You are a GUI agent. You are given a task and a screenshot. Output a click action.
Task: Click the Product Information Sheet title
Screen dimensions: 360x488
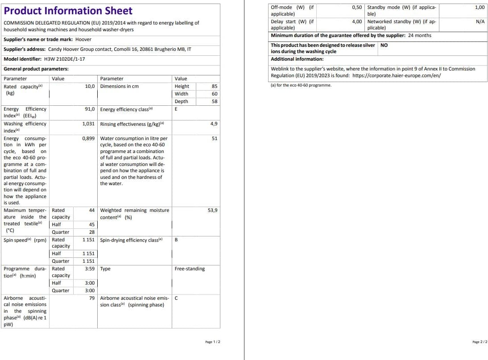(68, 11)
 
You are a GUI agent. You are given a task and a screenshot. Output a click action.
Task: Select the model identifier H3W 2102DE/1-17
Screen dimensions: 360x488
(65, 59)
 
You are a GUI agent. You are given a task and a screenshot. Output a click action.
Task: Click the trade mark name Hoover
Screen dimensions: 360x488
(83, 39)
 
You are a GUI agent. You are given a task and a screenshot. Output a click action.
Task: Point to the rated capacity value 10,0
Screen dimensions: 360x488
(90, 86)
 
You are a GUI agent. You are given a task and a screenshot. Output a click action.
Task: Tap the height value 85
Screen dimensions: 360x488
(215, 86)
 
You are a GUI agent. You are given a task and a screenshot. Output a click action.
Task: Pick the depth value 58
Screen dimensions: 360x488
(215, 101)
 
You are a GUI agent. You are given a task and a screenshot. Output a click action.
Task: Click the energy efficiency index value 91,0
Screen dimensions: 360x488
(90, 109)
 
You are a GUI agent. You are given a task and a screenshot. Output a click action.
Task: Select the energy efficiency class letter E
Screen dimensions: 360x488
(176, 109)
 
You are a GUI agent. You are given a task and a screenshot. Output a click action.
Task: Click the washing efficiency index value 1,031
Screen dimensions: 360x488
(88, 124)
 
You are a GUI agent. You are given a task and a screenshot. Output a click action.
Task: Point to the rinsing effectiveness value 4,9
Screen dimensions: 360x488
(214, 124)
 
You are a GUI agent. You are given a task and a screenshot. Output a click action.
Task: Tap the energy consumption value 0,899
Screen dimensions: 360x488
(88, 138)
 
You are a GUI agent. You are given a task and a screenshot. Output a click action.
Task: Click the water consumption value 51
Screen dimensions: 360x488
(215, 138)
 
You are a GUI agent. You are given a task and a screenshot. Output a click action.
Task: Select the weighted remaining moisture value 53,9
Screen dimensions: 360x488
(213, 210)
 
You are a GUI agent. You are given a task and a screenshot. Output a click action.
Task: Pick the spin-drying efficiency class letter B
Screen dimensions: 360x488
(176, 240)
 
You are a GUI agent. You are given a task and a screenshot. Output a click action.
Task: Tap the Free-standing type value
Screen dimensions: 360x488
(190, 269)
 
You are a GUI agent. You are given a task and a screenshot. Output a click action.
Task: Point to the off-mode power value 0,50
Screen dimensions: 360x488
(357, 8)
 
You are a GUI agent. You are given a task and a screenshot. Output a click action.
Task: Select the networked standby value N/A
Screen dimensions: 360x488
(480, 21)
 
